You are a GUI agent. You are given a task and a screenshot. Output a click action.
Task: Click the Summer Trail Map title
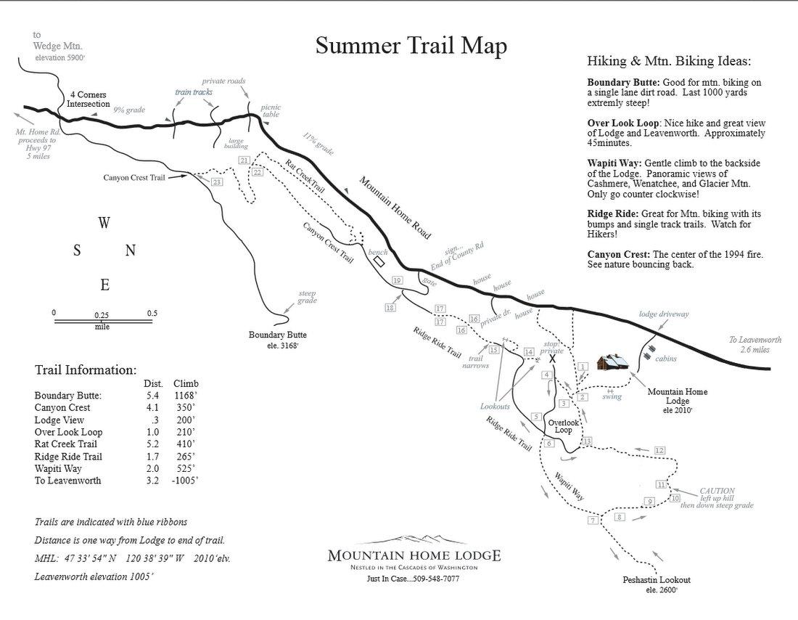click(411, 46)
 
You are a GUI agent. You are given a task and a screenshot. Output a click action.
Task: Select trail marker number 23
click(217, 181)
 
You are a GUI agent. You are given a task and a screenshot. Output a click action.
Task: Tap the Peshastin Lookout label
click(656, 580)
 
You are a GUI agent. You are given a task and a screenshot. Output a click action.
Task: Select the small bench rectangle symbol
click(378, 261)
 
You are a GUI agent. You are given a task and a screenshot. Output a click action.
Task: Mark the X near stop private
click(552, 359)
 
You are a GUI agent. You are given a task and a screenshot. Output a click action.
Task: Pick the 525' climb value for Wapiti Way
click(186, 468)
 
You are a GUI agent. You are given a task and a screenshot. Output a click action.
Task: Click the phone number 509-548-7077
click(432, 579)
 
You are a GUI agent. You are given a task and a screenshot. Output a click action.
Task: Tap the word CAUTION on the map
click(717, 491)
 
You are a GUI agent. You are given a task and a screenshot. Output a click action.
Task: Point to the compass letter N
click(131, 250)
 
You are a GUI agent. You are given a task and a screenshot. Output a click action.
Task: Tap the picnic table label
click(271, 110)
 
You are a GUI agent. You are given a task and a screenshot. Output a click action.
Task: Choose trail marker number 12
click(659, 451)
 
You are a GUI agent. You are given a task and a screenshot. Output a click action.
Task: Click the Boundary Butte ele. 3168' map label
click(277, 339)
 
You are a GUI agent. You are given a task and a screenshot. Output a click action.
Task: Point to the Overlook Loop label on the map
click(564, 425)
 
